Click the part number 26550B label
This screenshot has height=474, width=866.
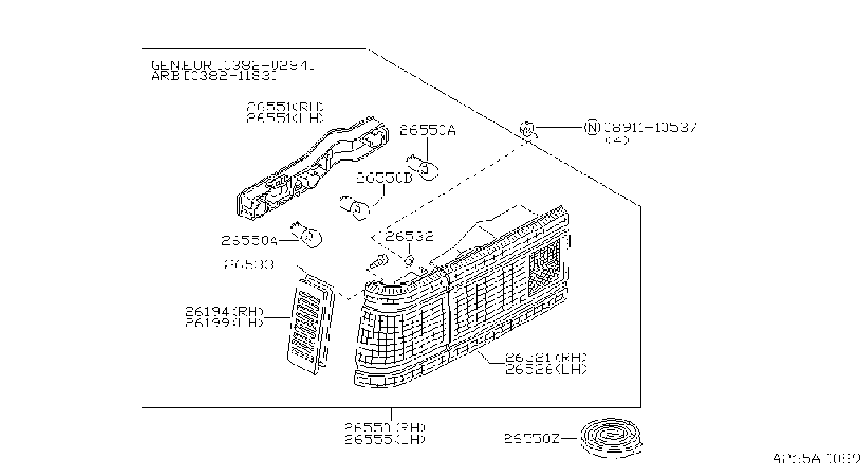click(x=383, y=178)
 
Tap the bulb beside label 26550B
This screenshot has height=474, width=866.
click(x=354, y=208)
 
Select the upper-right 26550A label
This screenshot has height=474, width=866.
click(x=428, y=130)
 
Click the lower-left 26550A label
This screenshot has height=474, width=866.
click(x=249, y=241)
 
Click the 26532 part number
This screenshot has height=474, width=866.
click(x=409, y=236)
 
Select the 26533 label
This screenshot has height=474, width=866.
click(x=249, y=265)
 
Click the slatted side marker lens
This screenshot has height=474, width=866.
click(x=311, y=324)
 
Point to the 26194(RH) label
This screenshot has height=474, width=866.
click(x=224, y=311)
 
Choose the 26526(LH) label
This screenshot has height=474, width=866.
click(x=546, y=369)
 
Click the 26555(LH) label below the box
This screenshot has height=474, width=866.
click(x=385, y=439)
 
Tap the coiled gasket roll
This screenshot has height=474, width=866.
click(x=612, y=438)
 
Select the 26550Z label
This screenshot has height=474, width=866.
click(x=531, y=439)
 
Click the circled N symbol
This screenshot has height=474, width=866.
click(x=592, y=127)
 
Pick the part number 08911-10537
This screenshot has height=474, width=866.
click(x=650, y=127)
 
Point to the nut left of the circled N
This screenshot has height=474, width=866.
click(x=528, y=129)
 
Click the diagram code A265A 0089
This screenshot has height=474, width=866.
click(x=817, y=458)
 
